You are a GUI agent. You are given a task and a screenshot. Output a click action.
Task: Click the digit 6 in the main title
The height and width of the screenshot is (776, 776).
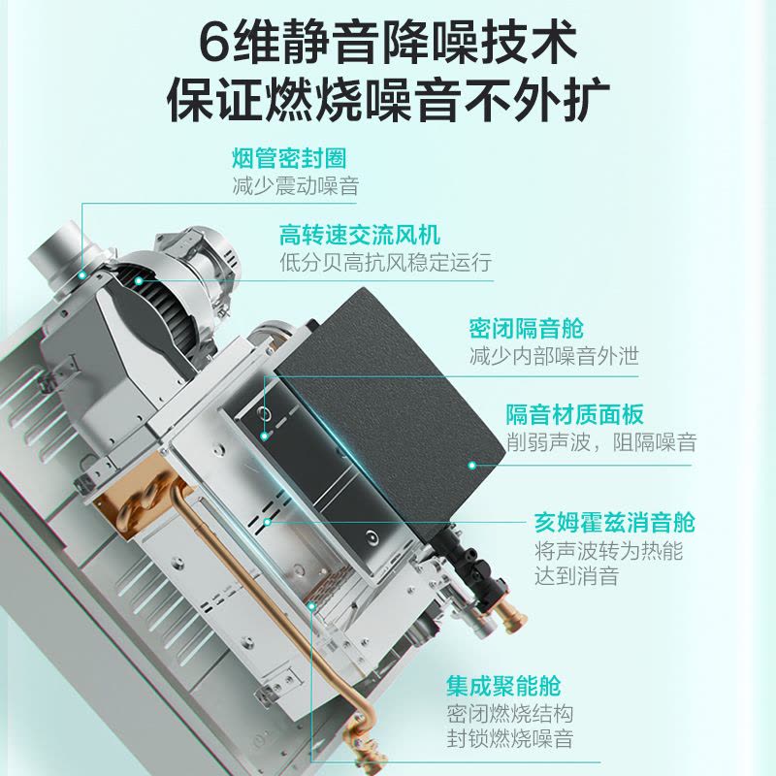215,41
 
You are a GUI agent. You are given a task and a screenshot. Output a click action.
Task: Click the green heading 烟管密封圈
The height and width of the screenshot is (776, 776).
289,158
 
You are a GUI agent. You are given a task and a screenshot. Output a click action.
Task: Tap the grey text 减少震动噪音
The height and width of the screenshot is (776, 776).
296,186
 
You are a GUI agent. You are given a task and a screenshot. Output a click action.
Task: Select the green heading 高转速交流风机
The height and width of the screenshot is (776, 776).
360,235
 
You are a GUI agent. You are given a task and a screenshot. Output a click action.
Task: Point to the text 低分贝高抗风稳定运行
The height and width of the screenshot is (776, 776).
386,262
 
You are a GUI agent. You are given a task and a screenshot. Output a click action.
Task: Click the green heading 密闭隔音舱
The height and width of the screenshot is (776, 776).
527,329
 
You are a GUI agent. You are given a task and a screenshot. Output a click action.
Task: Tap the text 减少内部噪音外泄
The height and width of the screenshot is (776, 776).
554,356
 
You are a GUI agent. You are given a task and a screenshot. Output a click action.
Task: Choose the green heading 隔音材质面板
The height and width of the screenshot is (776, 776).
574,414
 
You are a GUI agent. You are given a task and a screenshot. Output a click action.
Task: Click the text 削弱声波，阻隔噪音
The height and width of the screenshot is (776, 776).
601,441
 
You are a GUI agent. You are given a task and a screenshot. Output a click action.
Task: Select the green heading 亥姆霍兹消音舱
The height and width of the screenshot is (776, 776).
615,522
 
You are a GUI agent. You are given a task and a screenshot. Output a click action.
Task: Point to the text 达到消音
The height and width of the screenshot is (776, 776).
576,576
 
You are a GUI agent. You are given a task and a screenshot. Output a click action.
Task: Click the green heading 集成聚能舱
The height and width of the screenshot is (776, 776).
503,686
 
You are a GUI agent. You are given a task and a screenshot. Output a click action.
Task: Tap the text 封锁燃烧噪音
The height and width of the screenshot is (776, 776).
510,739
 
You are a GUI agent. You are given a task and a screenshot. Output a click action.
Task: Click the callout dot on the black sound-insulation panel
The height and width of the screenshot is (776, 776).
472,466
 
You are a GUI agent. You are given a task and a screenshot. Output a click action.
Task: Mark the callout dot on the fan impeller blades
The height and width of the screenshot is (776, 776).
139,281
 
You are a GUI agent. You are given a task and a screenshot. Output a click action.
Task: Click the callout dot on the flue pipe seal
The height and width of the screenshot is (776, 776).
82,275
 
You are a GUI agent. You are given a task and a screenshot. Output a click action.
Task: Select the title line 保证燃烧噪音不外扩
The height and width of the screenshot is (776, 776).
388,102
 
